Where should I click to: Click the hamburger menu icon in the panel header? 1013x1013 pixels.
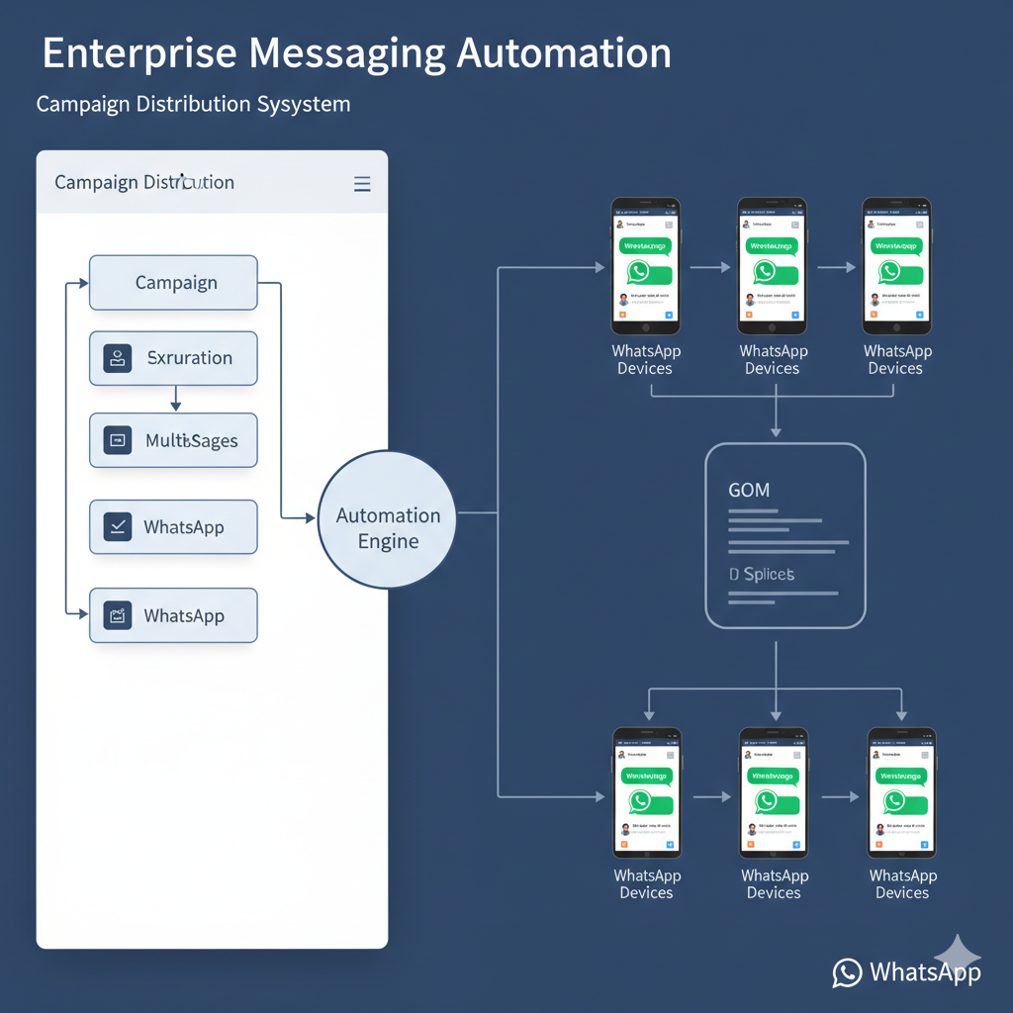(x=362, y=184)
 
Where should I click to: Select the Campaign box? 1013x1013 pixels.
(x=173, y=283)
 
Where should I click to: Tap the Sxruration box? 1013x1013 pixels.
(x=173, y=358)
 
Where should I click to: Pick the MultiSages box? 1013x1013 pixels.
(x=173, y=440)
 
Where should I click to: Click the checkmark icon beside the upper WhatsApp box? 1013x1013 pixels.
(x=118, y=527)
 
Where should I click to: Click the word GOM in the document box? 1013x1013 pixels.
(x=749, y=490)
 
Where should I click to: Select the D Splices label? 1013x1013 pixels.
(x=762, y=575)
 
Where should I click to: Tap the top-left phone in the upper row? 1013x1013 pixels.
(x=645, y=266)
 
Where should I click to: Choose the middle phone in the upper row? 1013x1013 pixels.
(x=772, y=266)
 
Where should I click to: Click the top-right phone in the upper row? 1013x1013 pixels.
(x=896, y=266)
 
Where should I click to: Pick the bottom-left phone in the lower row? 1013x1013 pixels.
(x=647, y=793)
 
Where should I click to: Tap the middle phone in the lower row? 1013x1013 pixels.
(x=774, y=793)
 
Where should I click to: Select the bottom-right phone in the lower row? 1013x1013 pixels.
(x=901, y=793)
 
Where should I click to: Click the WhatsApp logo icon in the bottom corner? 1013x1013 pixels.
(x=847, y=972)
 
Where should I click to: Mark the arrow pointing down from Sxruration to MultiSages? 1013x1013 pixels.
(x=175, y=399)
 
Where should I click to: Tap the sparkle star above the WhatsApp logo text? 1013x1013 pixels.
(x=958, y=955)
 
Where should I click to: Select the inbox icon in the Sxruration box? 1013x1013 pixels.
(x=118, y=358)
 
